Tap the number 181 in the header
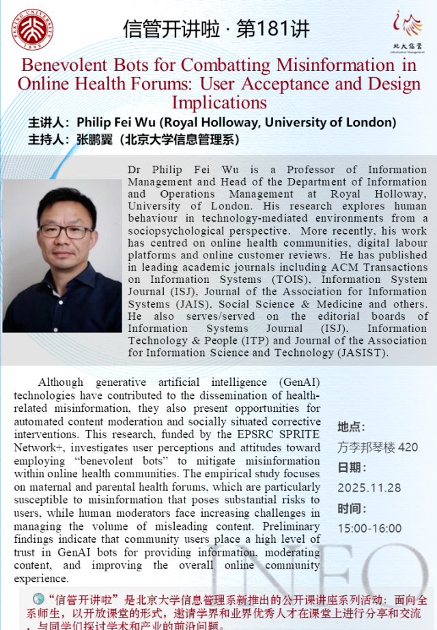[274, 29]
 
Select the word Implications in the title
[219, 102]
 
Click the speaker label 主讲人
[48, 123]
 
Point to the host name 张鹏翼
[94, 140]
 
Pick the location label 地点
[351, 427]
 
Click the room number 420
[408, 448]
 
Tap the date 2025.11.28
[369, 488]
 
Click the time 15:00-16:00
[369, 528]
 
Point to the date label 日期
[351, 468]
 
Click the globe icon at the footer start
[39, 599]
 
